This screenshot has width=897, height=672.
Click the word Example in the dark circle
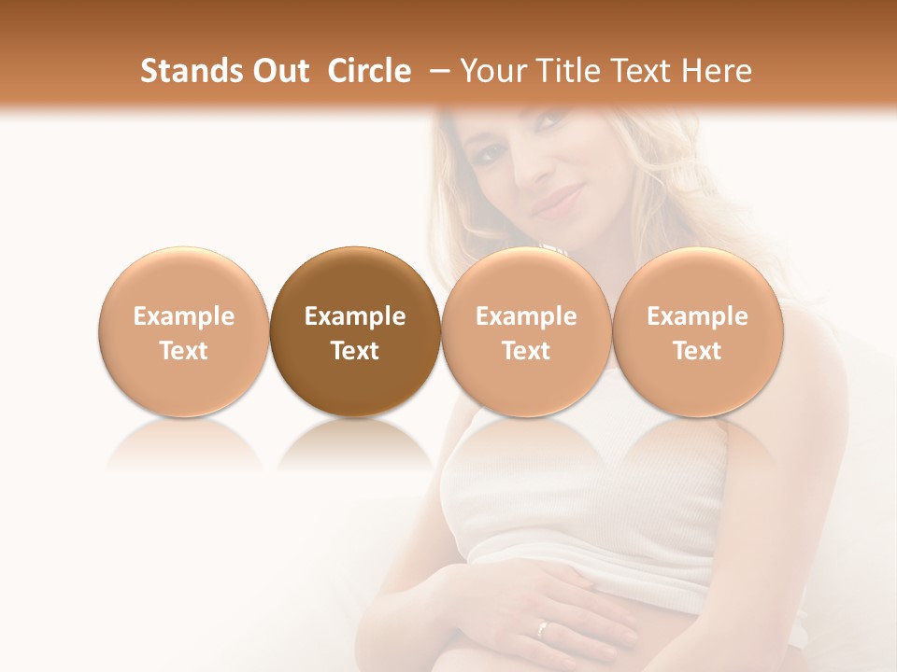tap(355, 316)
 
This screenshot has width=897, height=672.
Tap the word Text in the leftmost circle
tap(183, 351)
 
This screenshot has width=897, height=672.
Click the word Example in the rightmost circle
tap(697, 316)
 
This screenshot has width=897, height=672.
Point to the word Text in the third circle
tap(526, 351)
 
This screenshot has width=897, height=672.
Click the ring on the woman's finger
tap(543, 628)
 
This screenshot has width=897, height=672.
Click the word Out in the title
tap(281, 71)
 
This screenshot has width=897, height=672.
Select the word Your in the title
tap(491, 71)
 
